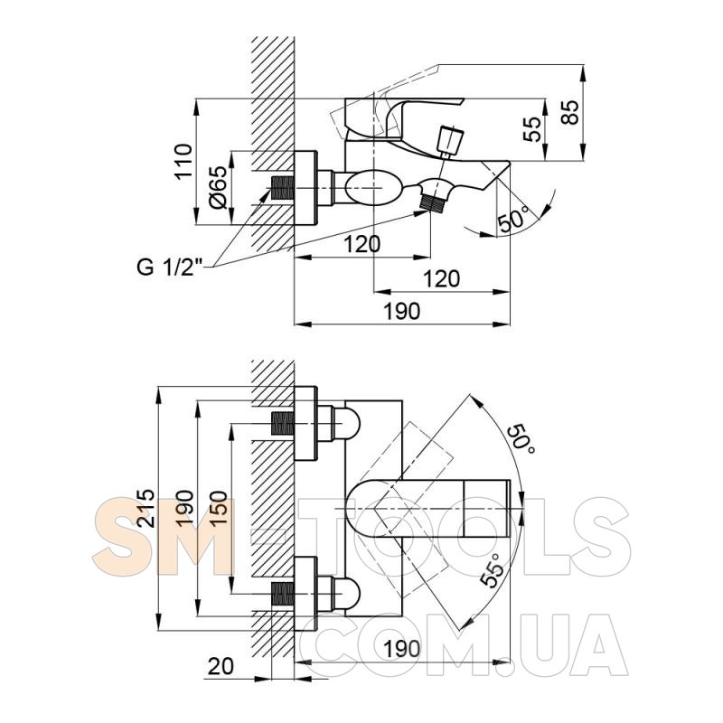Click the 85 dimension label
[x=570, y=112]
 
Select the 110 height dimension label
[x=183, y=162]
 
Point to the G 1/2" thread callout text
[x=170, y=267]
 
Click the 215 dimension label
[x=146, y=508]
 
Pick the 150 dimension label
[x=218, y=508]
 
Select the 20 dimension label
[x=221, y=666]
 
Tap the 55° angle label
[x=491, y=570]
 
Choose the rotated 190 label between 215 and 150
[x=183, y=508]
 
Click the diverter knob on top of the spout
[x=450, y=139]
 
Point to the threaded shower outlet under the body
[x=434, y=202]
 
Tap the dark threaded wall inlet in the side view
[x=283, y=188]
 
